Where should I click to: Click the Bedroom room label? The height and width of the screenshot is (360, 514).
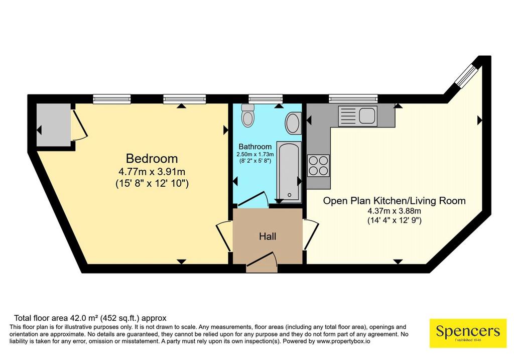click(x=152, y=159)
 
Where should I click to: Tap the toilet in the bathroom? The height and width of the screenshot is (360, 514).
click(x=246, y=115)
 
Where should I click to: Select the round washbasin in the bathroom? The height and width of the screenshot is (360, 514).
click(x=293, y=124)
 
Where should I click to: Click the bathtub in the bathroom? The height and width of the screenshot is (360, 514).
click(x=289, y=172)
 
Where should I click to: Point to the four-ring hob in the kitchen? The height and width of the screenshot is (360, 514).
click(x=318, y=166)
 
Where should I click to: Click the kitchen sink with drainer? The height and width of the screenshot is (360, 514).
click(x=357, y=116)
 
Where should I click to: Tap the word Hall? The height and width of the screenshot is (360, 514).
click(x=268, y=236)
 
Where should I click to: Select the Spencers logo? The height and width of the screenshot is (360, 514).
click(x=468, y=333)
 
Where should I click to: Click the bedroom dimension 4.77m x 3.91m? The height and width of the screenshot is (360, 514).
click(x=152, y=172)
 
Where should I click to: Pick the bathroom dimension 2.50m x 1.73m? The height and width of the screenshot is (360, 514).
click(x=255, y=154)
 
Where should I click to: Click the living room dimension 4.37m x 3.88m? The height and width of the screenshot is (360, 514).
click(x=395, y=211)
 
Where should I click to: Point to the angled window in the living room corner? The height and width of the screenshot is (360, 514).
click(x=467, y=75)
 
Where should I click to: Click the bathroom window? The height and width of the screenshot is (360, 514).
click(x=266, y=98)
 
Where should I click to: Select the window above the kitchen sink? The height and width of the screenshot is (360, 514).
click(x=353, y=98)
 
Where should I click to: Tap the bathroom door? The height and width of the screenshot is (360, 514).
click(x=253, y=199)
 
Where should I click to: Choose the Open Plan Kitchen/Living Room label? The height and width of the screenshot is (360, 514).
click(x=395, y=201)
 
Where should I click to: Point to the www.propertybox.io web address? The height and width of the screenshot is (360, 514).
click(x=343, y=341)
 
